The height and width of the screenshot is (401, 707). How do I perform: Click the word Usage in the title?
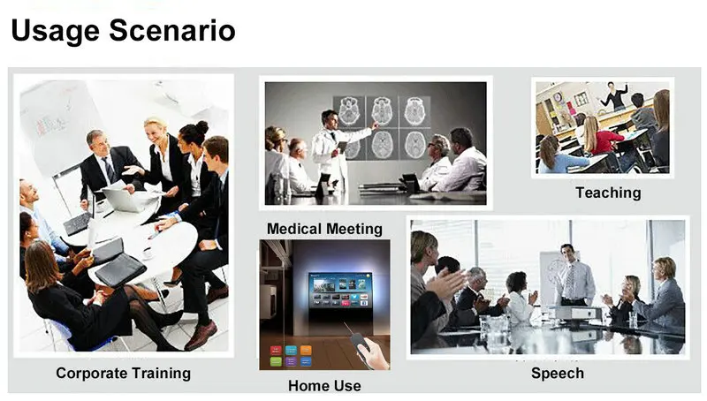click(x=55, y=32)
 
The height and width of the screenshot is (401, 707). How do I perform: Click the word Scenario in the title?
click(x=172, y=30)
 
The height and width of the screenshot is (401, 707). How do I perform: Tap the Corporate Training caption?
click(x=123, y=374)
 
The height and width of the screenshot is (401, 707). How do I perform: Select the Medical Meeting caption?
click(x=324, y=229)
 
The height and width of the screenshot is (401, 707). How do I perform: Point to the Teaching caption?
click(x=608, y=193)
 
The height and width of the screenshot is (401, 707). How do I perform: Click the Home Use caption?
click(x=324, y=386)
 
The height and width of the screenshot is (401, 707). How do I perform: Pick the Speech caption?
click(x=558, y=373)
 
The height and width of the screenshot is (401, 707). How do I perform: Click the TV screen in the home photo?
click(x=340, y=291)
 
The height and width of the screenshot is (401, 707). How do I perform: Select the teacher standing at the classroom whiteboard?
click(x=614, y=96)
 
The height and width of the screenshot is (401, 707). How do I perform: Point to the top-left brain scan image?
click(x=349, y=111)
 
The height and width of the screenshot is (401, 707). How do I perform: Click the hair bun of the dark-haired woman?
click(x=202, y=127)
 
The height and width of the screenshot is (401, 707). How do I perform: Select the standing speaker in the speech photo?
click(x=573, y=275)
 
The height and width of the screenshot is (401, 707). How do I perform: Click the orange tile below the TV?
click(x=306, y=350)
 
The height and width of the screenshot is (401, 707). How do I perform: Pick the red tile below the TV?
click(x=276, y=350)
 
